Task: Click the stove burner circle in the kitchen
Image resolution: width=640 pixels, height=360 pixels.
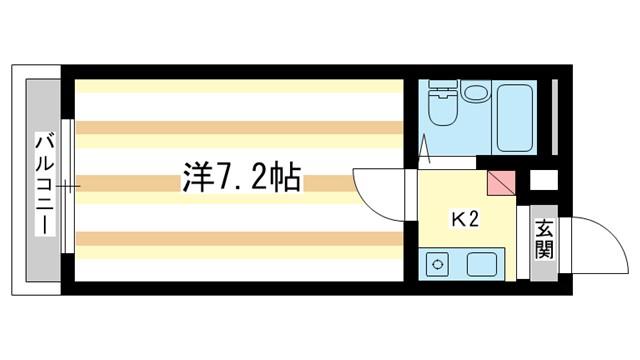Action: tap(437, 265)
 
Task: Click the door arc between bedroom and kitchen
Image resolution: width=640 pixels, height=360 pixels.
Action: tap(380, 190)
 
